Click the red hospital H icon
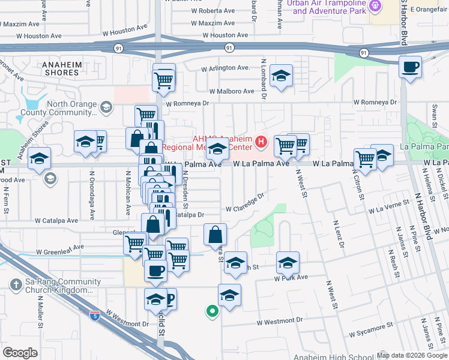[x=261, y=142]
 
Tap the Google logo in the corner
[x=20, y=353]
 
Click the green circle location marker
[x=211, y=311]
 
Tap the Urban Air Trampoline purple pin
[x=376, y=5]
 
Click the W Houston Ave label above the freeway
[x=125, y=28]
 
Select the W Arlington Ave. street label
[x=225, y=68]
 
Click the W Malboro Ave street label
[x=232, y=91]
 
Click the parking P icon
[x=169, y=298]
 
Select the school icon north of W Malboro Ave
[x=280, y=76]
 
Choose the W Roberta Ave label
[x=213, y=11]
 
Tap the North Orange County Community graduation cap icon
[x=106, y=107]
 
